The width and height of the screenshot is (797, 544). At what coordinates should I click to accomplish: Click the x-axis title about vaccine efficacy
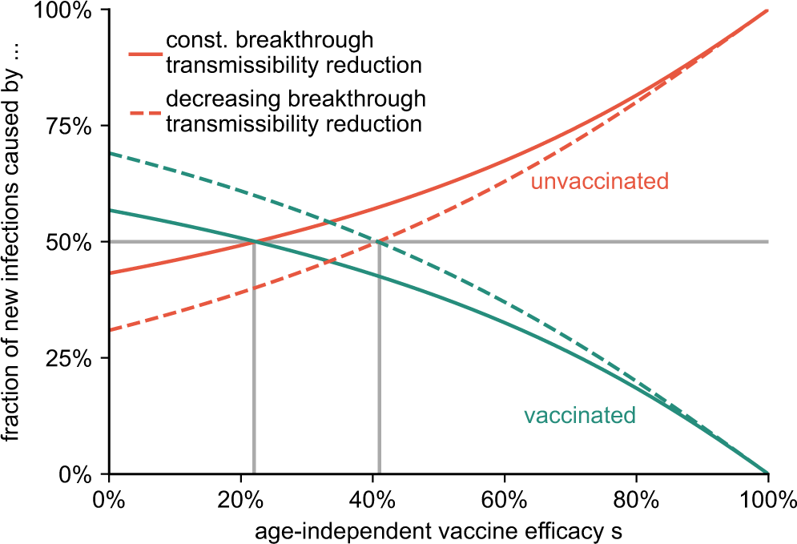pyautogui.click(x=438, y=530)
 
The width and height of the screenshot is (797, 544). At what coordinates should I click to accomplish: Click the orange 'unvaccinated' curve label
pyautogui.click(x=599, y=182)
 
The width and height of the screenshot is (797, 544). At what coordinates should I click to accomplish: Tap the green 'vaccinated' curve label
pyautogui.click(x=579, y=416)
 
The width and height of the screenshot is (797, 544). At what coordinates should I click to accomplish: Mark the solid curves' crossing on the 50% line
pyautogui.click(x=254, y=242)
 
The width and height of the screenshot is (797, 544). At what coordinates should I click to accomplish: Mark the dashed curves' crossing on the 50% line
pyautogui.click(x=379, y=242)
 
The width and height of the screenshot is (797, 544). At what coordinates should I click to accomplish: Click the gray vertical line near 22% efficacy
pyautogui.click(x=254, y=361)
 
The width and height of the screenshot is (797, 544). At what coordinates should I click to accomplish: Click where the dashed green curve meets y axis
pyautogui.click(x=110, y=153)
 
